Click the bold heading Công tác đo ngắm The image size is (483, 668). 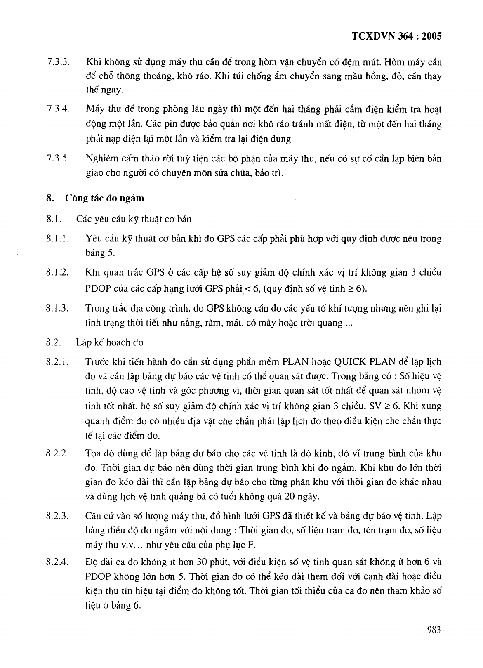[105, 198]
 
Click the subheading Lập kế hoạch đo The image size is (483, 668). [110, 342]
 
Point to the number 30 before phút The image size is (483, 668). [202, 562]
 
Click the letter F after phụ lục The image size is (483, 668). [250, 545]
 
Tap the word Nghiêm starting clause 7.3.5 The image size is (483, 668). [101, 159]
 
